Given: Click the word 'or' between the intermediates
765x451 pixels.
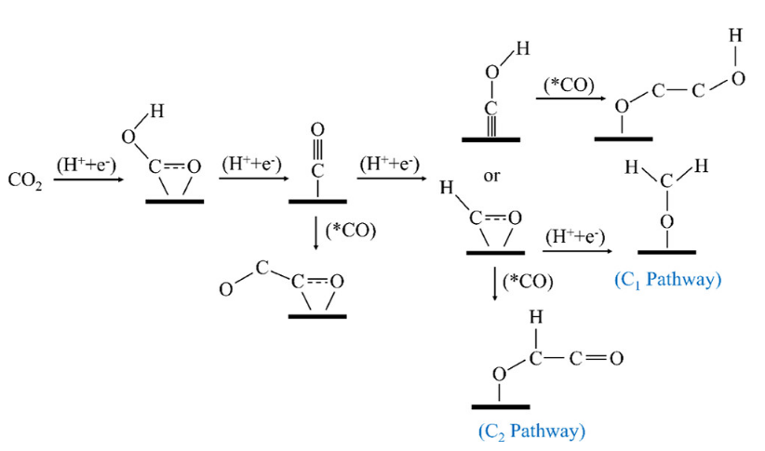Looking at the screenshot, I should click(493, 175).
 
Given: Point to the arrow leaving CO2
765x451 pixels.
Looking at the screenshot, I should click(88, 179).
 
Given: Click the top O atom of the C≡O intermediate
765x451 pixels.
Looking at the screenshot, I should click(317, 128).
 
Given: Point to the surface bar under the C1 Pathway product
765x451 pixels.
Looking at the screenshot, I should click(666, 252).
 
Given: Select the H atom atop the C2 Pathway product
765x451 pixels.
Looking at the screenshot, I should click(534, 317).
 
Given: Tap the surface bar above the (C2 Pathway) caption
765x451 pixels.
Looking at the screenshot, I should click(500, 407).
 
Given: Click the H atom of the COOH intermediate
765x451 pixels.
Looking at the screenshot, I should click(156, 113).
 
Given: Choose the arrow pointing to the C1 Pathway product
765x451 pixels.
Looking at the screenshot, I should click(577, 250).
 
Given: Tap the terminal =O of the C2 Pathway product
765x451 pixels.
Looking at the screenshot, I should click(615, 358).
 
